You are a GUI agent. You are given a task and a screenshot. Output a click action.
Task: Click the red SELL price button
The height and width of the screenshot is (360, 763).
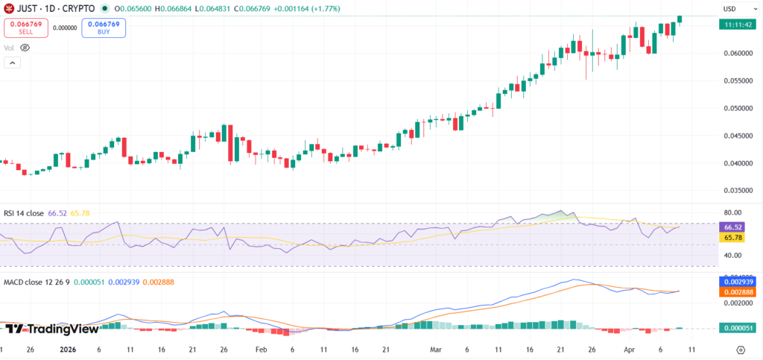coord(26,28)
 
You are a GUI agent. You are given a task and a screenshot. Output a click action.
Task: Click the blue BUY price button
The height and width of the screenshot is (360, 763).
coord(104,28)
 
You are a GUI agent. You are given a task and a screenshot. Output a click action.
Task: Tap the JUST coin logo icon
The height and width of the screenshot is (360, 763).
coord(10,8)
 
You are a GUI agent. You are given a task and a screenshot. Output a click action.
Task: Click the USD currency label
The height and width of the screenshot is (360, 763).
coord(729,8)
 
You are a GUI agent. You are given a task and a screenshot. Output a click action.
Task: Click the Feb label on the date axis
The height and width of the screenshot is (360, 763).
coord(261,349)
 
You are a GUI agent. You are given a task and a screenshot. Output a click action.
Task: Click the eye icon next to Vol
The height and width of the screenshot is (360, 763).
coord(25,48)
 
